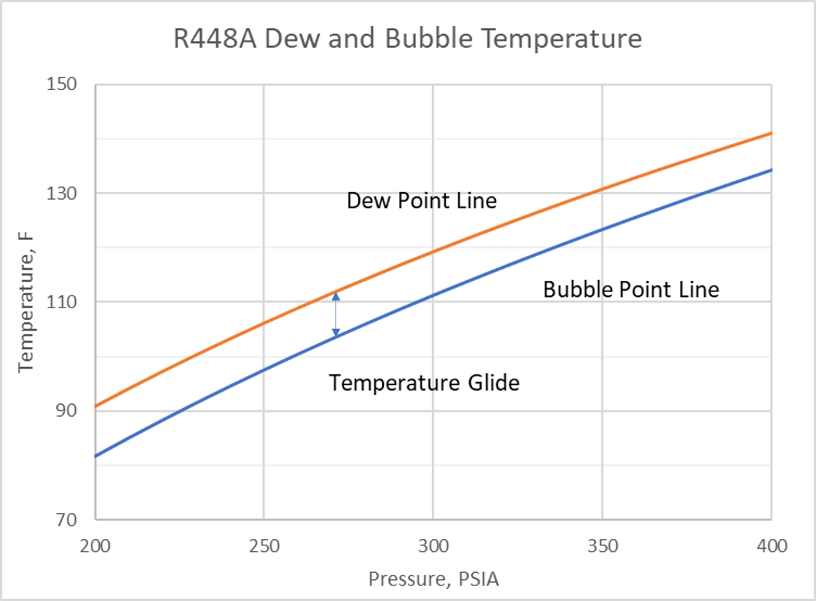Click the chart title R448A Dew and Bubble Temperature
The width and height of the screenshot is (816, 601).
408,38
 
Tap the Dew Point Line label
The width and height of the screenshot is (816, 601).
421,201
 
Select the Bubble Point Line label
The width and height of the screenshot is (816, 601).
631,289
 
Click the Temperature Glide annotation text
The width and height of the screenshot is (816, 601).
424,383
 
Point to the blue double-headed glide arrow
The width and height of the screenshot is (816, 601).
336,314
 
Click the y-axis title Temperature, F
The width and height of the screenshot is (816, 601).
27,302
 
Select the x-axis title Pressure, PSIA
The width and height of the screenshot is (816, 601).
433,579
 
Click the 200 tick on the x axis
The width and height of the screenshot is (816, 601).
95,545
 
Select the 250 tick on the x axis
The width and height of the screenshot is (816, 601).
264,545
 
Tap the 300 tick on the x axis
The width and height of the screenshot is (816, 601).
433,545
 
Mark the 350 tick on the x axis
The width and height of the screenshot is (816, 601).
603,545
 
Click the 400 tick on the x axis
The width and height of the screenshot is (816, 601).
772,545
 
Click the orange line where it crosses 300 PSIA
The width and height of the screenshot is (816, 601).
433,251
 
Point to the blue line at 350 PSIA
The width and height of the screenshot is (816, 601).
603,229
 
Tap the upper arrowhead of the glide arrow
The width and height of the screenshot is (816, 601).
336,296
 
